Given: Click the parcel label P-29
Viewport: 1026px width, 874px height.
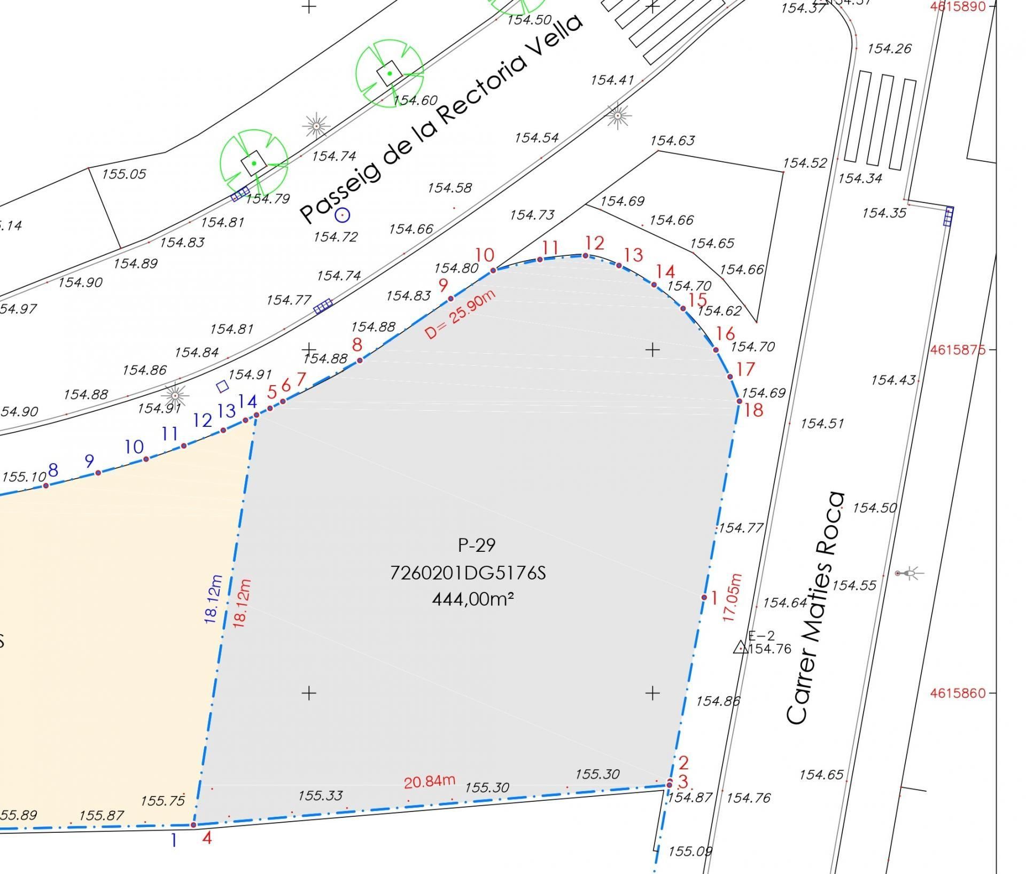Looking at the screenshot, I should click(x=477, y=545).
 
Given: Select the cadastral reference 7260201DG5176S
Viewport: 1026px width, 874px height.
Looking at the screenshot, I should click(x=468, y=573).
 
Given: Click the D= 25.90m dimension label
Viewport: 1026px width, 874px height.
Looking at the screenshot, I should click(x=460, y=315).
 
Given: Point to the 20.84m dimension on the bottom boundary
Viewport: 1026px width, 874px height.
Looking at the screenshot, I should click(x=429, y=782).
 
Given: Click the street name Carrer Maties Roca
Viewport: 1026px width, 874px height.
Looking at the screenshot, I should click(x=815, y=608).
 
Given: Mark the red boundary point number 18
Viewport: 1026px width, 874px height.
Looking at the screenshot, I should click(x=753, y=410).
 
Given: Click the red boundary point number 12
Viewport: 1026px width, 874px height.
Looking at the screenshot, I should click(x=594, y=244).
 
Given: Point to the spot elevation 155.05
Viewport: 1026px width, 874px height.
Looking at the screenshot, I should click(x=124, y=174).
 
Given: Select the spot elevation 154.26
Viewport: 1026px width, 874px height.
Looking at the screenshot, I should click(x=889, y=49).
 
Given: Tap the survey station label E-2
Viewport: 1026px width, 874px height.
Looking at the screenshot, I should click(x=761, y=636).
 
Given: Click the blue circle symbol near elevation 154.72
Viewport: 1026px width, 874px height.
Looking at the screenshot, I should click(x=342, y=215).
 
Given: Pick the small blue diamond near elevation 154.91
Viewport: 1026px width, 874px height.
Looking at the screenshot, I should click(x=222, y=386).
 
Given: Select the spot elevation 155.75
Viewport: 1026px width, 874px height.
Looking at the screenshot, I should click(x=162, y=801).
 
